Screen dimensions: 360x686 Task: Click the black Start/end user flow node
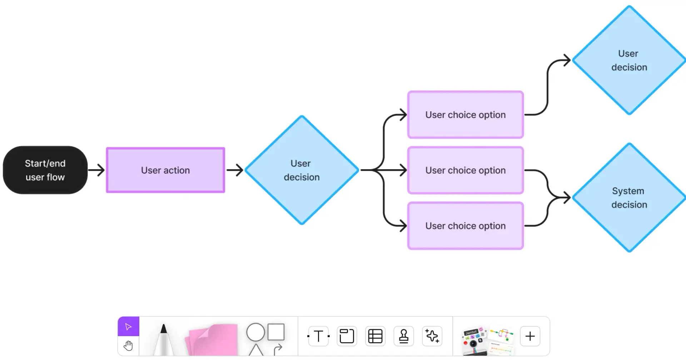coord(45,170)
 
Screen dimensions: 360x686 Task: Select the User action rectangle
coord(165,170)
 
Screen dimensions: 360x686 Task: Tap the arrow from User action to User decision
coord(235,170)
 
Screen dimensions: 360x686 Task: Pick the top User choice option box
coord(465,115)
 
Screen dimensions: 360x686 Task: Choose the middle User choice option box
coord(465,170)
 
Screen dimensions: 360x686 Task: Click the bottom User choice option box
coord(465,226)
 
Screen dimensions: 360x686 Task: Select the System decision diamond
coord(629,197)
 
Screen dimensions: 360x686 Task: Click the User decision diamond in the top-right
coord(629,60)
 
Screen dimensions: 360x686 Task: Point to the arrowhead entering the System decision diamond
coord(567,197)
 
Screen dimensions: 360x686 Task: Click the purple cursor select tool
coord(128,326)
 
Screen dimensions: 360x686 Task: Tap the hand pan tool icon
coord(128,346)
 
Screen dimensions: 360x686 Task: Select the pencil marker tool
coord(164,339)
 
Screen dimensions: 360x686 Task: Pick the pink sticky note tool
coord(213,340)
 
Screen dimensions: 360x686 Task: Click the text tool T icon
coord(318,336)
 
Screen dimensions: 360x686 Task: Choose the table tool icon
coord(375,336)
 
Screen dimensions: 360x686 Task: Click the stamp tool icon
coord(404,336)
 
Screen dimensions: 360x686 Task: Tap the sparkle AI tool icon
coord(432,336)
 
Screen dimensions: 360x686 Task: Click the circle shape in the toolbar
coord(255,332)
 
